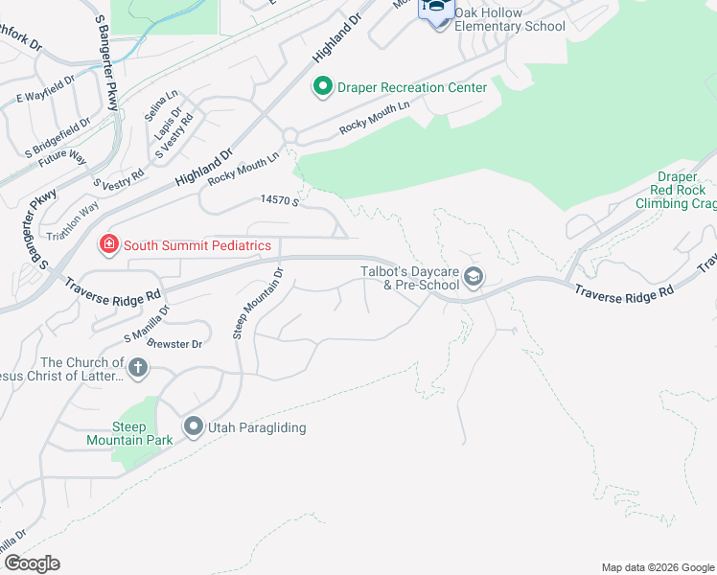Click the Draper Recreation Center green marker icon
coord(323,87)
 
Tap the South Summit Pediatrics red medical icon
coord(109,245)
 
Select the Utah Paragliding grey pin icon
coord(193,427)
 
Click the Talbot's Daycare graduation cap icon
coord(473,278)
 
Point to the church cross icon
coord(138,367)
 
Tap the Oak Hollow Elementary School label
coord(509,19)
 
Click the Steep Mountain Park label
coord(142,433)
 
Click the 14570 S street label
coord(281,201)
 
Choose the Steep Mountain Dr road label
coord(258,303)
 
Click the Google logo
coord(31,563)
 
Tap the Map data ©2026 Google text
coord(658,567)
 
